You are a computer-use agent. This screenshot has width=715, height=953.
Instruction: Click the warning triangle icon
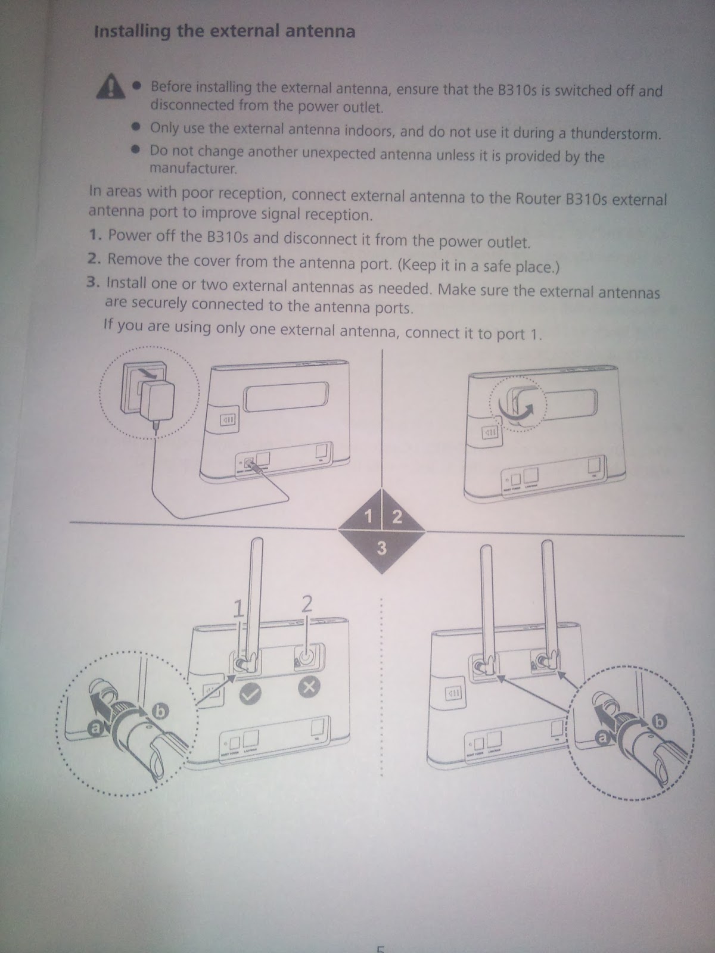point(111,86)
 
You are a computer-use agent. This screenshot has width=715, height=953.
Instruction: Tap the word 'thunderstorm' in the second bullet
point(615,134)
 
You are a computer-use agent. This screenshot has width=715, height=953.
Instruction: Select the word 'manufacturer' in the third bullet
point(193,168)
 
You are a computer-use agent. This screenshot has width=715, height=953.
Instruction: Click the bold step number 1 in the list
point(95,235)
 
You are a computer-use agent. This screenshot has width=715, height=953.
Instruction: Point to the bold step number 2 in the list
point(94,259)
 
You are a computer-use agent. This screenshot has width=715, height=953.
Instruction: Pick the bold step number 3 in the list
point(93,282)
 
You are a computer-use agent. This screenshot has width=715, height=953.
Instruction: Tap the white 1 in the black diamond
point(369,516)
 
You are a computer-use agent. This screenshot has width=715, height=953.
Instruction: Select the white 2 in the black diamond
point(397,516)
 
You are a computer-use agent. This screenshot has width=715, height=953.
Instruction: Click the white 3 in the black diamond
point(381,548)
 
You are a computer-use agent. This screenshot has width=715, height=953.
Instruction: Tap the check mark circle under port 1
point(250,694)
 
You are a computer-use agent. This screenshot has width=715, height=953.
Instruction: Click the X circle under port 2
point(309,687)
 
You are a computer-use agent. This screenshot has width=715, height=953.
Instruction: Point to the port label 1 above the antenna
point(238,608)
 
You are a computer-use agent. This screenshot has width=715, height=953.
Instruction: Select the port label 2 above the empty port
point(306,603)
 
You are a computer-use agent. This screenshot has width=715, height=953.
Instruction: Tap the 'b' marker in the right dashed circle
point(660,721)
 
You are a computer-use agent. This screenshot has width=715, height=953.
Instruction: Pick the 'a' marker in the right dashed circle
point(602,737)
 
